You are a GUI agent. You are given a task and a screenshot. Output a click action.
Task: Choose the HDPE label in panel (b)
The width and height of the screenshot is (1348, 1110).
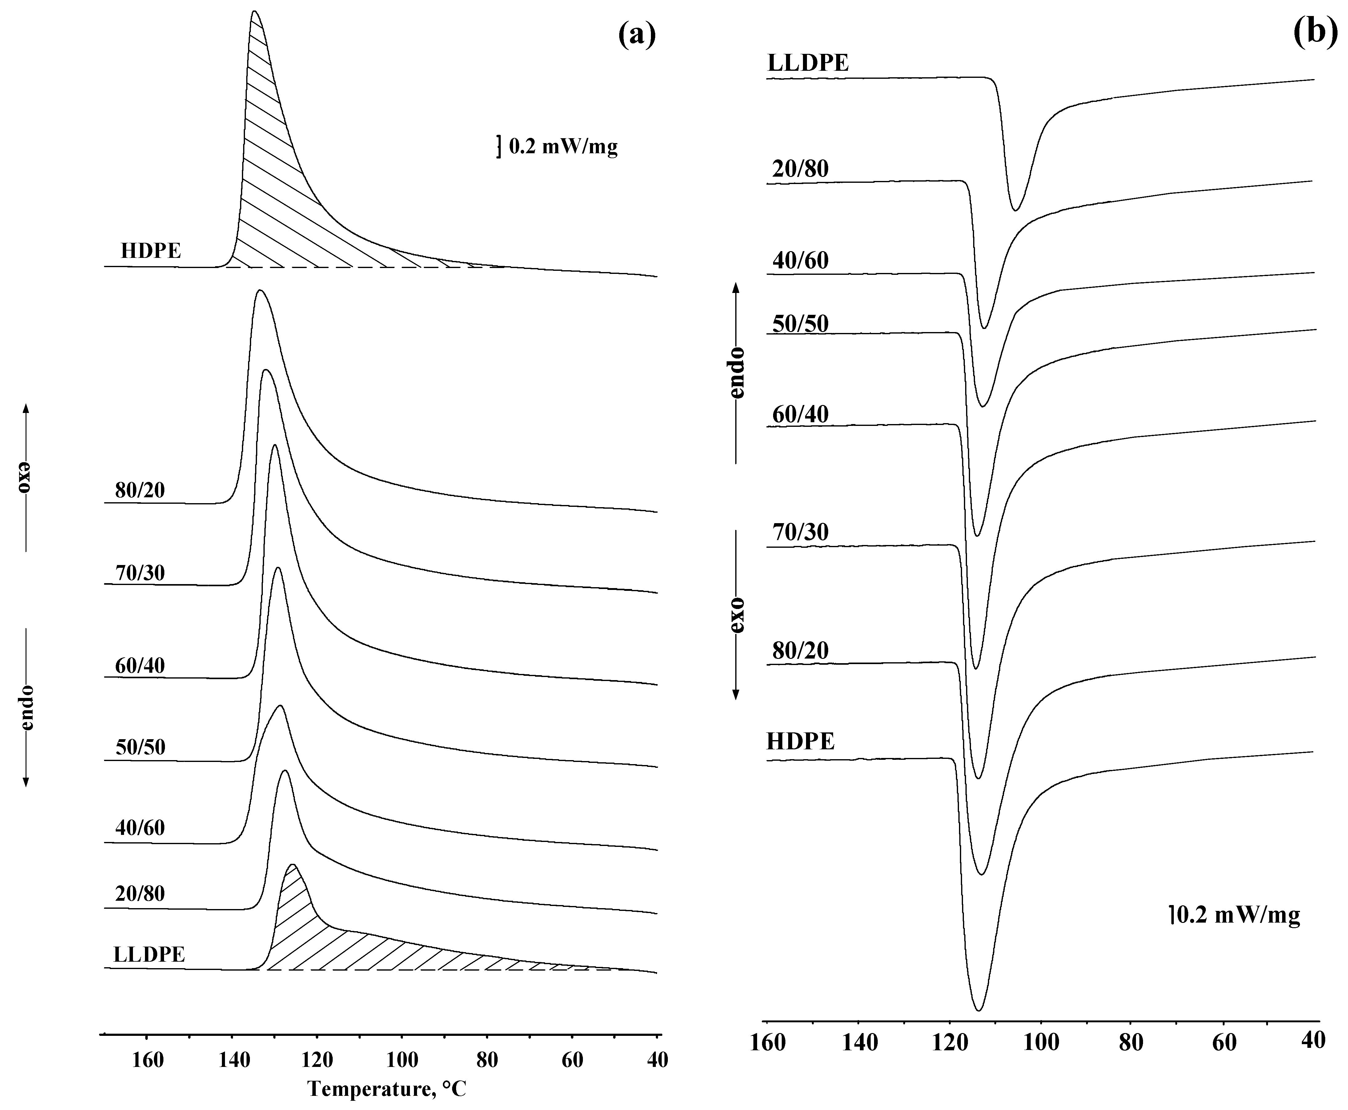(x=800, y=741)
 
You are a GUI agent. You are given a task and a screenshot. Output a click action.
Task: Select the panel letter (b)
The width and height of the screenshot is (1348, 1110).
(x=1315, y=32)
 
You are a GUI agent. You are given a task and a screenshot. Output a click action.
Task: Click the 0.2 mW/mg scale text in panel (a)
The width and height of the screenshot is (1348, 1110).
(x=563, y=147)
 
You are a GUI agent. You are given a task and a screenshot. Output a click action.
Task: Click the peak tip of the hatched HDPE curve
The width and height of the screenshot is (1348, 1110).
(x=255, y=11)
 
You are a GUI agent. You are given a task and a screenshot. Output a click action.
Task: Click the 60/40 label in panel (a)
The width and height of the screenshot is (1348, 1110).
(x=140, y=666)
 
